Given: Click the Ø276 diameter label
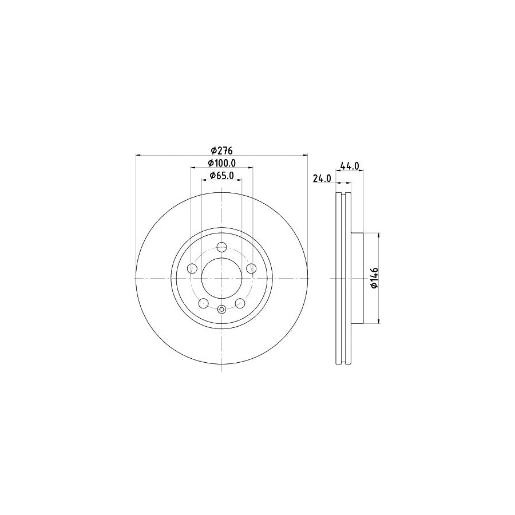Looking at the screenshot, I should pyautogui.click(x=222, y=150).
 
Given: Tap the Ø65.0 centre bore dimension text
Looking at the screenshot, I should pyautogui.click(x=221, y=176).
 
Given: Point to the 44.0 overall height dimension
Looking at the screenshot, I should pyautogui.click(x=349, y=166).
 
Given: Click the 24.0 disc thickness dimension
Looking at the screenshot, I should pyautogui.click(x=322, y=179).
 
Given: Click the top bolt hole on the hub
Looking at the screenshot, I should pyautogui.click(x=222, y=248).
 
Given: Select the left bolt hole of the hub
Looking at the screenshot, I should pyautogui.click(x=192, y=269).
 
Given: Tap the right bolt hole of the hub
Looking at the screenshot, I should pyautogui.click(x=251, y=269).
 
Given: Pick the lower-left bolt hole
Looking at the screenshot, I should pyautogui.click(x=204, y=303).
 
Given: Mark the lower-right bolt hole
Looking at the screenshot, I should pyautogui.click(x=240, y=303).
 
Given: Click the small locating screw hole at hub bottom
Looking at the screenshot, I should pyautogui.click(x=222, y=310).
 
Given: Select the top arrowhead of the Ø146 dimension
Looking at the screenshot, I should pyautogui.click(x=378, y=235).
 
